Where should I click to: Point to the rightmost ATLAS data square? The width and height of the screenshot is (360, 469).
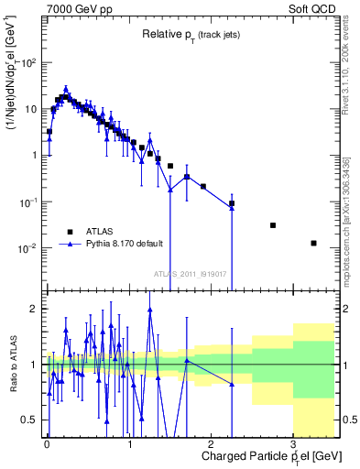click(313, 243)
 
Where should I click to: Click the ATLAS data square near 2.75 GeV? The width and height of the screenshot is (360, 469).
click(273, 225)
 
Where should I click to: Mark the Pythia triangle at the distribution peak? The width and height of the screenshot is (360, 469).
click(66, 89)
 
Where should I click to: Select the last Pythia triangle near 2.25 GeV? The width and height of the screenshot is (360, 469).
click(232, 209)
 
